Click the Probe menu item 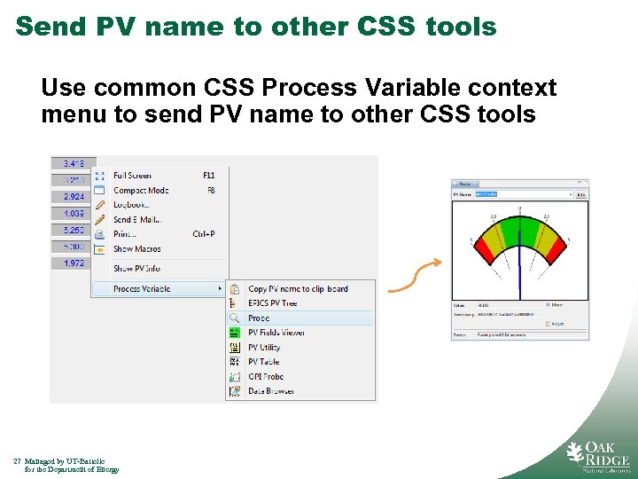tap(259, 318)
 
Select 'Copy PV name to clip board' tap(298, 288)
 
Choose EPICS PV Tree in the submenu tap(272, 303)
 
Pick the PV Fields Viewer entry tap(276, 333)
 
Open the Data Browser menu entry tap(270, 391)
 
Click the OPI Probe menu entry tap(265, 376)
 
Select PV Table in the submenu tap(263, 362)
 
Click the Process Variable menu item tap(142, 288)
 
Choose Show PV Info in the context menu tap(136, 268)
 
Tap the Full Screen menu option tap(132, 176)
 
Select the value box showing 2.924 tap(74, 196)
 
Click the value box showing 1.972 tap(74, 263)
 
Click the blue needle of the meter tap(519, 266)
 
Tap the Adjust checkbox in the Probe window tap(549, 324)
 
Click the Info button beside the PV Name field tap(581, 194)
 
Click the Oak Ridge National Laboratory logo tap(598, 453)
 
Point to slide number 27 tap(17, 461)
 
